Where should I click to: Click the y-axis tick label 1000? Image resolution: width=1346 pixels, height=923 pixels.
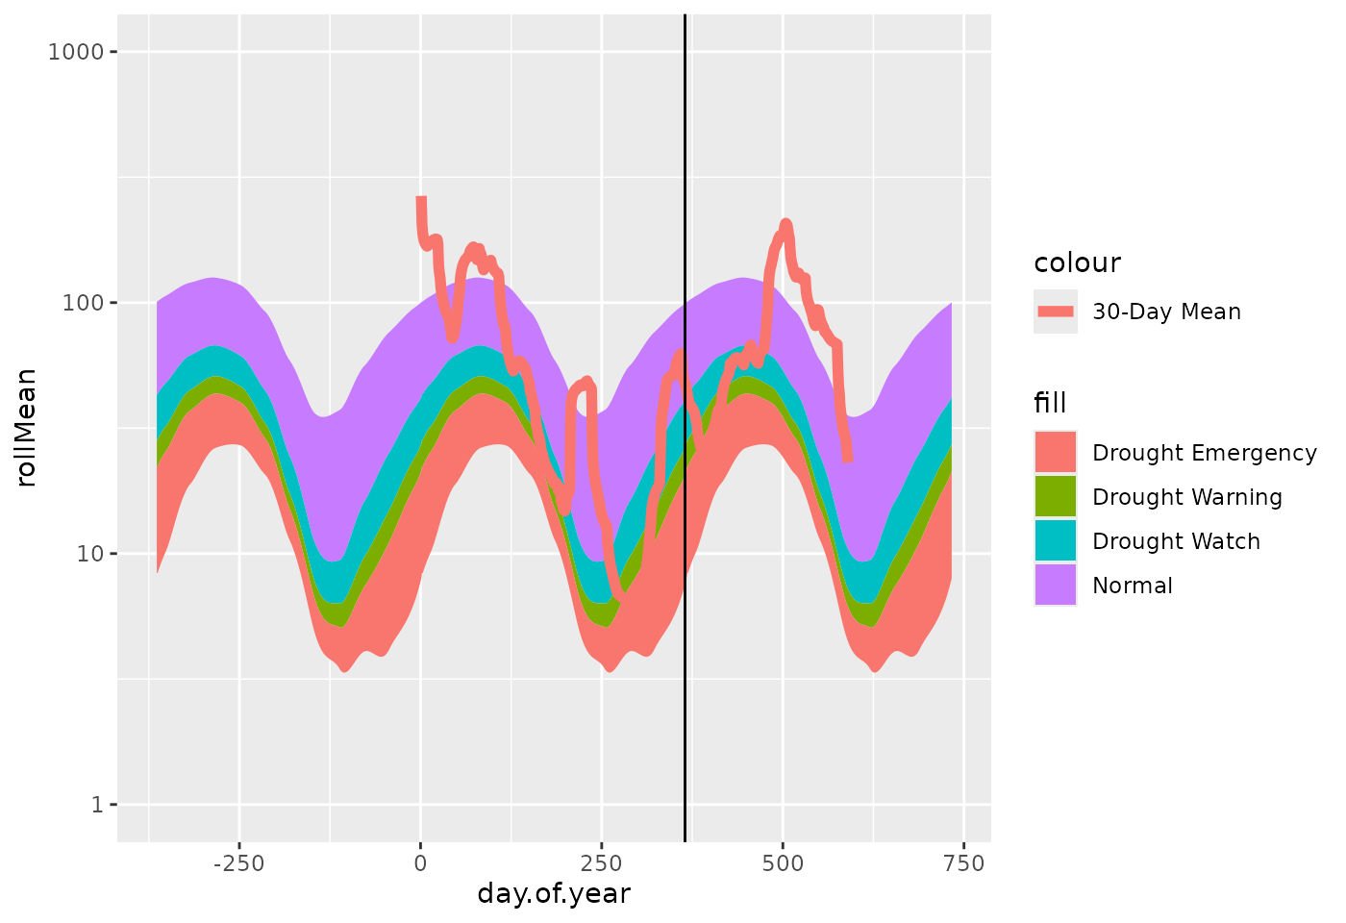[x=75, y=51]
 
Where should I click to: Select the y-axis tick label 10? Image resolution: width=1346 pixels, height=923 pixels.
[x=88, y=554]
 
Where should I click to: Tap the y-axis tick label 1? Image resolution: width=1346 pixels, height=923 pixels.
[x=97, y=805]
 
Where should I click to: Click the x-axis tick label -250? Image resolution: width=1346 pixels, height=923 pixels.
[x=238, y=863]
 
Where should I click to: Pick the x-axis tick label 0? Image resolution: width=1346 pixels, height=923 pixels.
[x=420, y=863]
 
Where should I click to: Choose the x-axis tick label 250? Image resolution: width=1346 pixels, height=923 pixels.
[x=601, y=863]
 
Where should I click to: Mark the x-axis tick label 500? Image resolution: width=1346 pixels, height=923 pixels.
[x=783, y=863]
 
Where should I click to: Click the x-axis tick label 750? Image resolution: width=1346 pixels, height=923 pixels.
[x=963, y=863]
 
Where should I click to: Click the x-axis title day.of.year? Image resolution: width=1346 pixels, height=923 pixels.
[x=554, y=894]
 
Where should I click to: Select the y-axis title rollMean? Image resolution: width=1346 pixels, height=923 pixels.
[x=27, y=427]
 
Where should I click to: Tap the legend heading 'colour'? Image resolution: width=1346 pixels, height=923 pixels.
[x=1077, y=262]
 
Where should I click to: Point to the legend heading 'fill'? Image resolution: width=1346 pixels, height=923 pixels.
[x=1050, y=403]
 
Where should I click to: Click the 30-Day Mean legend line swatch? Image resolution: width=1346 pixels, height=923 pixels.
[x=1056, y=312]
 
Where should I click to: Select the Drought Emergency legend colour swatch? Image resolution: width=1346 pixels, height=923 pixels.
[x=1056, y=452]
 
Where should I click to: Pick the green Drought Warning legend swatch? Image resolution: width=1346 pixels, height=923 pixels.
[x=1056, y=496]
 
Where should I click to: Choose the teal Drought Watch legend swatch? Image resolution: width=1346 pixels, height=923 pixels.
[x=1056, y=540]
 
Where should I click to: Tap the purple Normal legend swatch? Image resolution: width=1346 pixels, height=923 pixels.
[x=1056, y=585]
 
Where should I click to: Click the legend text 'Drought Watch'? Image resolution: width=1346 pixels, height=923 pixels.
[x=1176, y=541]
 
